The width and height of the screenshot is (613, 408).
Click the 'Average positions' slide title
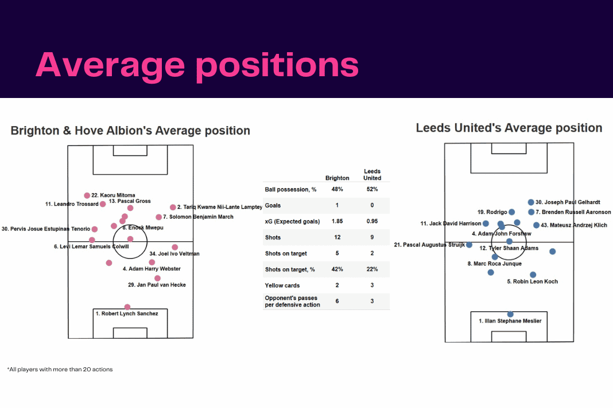[197, 65]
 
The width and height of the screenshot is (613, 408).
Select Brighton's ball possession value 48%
[337, 189]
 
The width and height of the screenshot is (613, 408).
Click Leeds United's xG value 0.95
[372, 221]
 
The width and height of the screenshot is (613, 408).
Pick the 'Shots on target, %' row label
[290, 269]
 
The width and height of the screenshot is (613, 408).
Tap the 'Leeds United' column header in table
[372, 175]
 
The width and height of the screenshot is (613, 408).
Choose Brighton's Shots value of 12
[337, 237]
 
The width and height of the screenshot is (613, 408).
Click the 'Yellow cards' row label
[282, 285]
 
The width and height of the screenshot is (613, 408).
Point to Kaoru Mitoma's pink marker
[87, 195]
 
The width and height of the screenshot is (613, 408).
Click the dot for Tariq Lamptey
[173, 207]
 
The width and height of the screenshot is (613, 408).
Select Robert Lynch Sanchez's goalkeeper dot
[127, 307]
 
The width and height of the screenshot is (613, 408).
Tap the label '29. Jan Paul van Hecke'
[157, 285]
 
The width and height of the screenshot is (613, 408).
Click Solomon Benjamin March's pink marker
[158, 217]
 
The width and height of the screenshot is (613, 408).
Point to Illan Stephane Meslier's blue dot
[510, 314]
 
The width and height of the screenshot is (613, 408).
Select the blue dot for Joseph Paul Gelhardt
[531, 202]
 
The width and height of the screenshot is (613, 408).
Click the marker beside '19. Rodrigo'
[512, 212]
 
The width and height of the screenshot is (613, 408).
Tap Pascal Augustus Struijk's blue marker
[469, 245]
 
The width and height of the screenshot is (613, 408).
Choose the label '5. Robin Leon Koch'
[533, 281]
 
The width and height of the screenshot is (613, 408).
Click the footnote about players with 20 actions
[60, 370]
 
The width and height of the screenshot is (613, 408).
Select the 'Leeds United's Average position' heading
[509, 128]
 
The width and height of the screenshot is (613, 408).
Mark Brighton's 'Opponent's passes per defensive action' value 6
[337, 301]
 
